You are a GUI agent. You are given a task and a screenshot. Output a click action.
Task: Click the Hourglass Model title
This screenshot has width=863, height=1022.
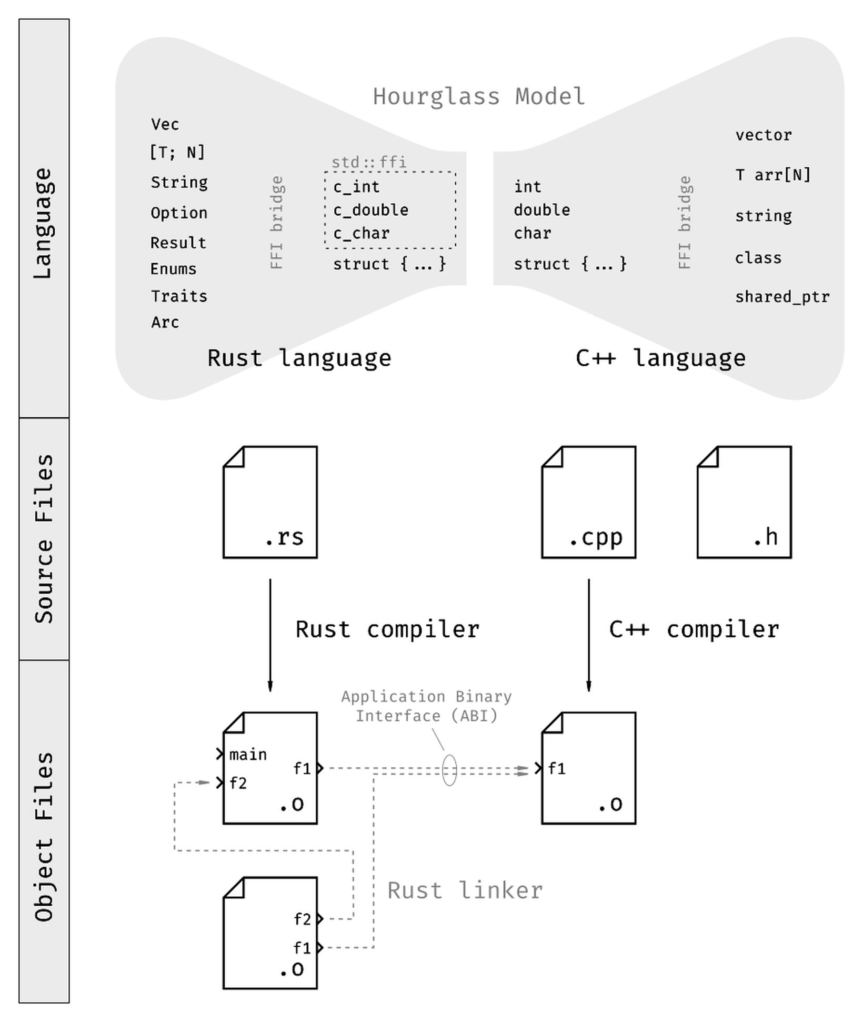pyautogui.click(x=479, y=97)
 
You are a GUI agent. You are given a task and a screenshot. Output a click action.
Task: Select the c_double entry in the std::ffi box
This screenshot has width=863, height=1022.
pyautogui.click(x=371, y=210)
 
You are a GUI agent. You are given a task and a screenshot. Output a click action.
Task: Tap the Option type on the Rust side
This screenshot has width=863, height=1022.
pyautogui.click(x=179, y=213)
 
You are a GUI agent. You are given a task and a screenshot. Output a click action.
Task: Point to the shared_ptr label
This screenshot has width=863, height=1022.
pyautogui.click(x=782, y=297)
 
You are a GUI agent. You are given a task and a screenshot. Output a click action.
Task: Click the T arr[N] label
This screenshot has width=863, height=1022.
pyautogui.click(x=772, y=175)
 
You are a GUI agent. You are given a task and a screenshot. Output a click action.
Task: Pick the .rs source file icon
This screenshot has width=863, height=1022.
pyautogui.click(x=270, y=502)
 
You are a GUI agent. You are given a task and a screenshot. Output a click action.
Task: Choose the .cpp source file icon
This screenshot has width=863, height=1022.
pyautogui.click(x=588, y=502)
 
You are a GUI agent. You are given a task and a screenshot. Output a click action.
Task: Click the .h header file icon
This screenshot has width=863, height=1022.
pyautogui.click(x=744, y=502)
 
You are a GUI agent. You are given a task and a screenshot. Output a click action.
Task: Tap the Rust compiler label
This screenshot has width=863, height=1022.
pyautogui.click(x=387, y=629)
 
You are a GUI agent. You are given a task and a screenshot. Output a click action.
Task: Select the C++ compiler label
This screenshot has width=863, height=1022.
pyautogui.click(x=694, y=629)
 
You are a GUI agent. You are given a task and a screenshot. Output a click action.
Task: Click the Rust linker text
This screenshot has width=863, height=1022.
pyautogui.click(x=465, y=890)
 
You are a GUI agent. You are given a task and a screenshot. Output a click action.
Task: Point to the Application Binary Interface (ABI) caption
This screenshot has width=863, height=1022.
pyautogui.click(x=426, y=706)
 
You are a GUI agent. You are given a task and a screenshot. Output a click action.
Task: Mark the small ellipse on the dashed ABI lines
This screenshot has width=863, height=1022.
pyautogui.click(x=449, y=770)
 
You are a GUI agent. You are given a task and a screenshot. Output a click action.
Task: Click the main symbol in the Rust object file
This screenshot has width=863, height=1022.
pyautogui.click(x=248, y=755)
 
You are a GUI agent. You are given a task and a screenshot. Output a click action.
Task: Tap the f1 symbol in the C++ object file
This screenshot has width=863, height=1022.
pyautogui.click(x=557, y=769)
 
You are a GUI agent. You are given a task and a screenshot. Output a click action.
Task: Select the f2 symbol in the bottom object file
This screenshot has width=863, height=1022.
pyautogui.click(x=303, y=919)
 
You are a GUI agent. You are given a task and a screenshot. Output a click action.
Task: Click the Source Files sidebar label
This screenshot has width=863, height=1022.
pyautogui.click(x=44, y=538)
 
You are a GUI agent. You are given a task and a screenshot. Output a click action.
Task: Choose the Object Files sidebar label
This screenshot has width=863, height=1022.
pyautogui.click(x=44, y=836)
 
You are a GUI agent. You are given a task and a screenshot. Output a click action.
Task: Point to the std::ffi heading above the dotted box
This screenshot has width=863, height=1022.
pyautogui.click(x=369, y=162)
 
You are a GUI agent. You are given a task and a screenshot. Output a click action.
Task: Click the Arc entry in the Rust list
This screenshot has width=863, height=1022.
pyautogui.click(x=165, y=322)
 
